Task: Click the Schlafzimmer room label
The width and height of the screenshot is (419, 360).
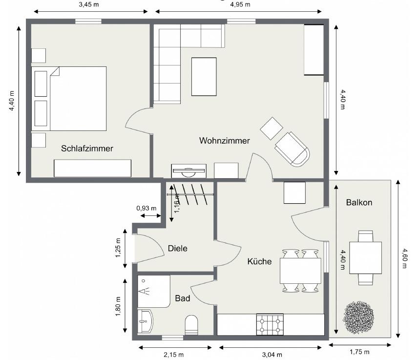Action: (87, 148)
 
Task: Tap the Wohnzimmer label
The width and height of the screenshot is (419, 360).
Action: (225, 141)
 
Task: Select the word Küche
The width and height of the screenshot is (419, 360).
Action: (259, 261)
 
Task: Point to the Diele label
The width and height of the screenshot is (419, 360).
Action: (177, 248)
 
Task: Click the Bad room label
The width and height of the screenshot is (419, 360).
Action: (183, 298)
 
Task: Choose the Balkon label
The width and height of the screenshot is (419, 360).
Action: (359, 202)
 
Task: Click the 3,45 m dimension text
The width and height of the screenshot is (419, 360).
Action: (89, 4)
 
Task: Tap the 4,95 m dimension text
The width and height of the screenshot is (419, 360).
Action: (240, 4)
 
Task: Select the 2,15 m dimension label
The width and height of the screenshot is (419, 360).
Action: (174, 355)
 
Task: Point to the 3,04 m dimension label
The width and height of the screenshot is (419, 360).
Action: (272, 355)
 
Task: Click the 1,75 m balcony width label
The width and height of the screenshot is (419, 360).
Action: (360, 352)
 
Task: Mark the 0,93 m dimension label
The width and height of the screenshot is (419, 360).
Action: (147, 208)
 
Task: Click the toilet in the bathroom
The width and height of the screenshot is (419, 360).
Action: (191, 325)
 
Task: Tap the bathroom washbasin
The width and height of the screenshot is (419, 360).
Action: (146, 321)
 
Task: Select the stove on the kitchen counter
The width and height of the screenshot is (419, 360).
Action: (270, 324)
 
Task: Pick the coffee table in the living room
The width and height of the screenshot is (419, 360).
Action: (204, 77)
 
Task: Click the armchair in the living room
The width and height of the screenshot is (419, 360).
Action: (292, 149)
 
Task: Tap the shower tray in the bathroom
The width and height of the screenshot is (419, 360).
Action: (154, 291)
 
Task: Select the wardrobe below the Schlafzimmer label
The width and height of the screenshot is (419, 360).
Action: (92, 168)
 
